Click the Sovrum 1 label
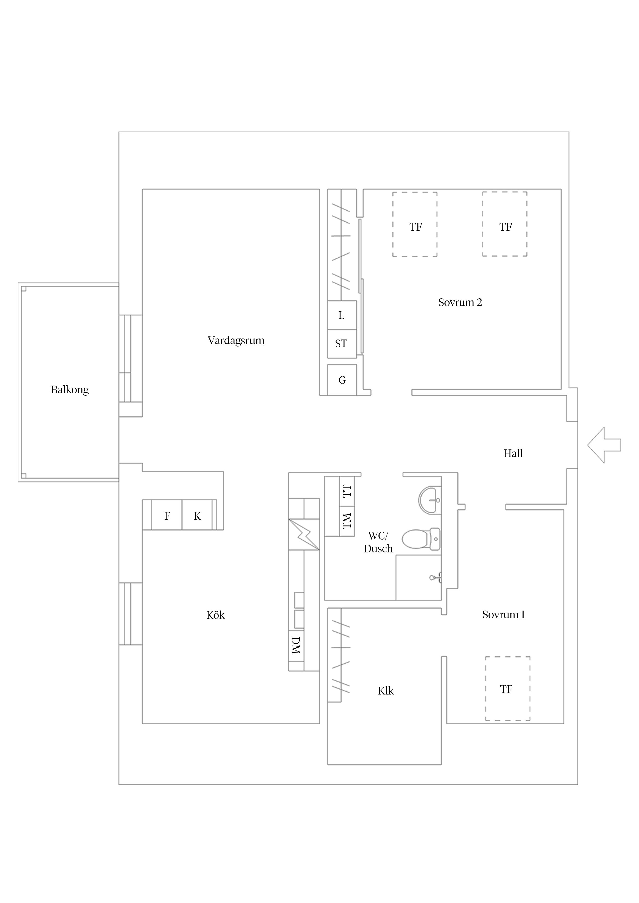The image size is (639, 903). coord(503,614)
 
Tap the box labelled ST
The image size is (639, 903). coord(341,343)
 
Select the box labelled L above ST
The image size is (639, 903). coord(341,315)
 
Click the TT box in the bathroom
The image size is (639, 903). coord(347,491)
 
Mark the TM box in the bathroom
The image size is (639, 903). coord(347,521)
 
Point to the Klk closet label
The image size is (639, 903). coord(385,691)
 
